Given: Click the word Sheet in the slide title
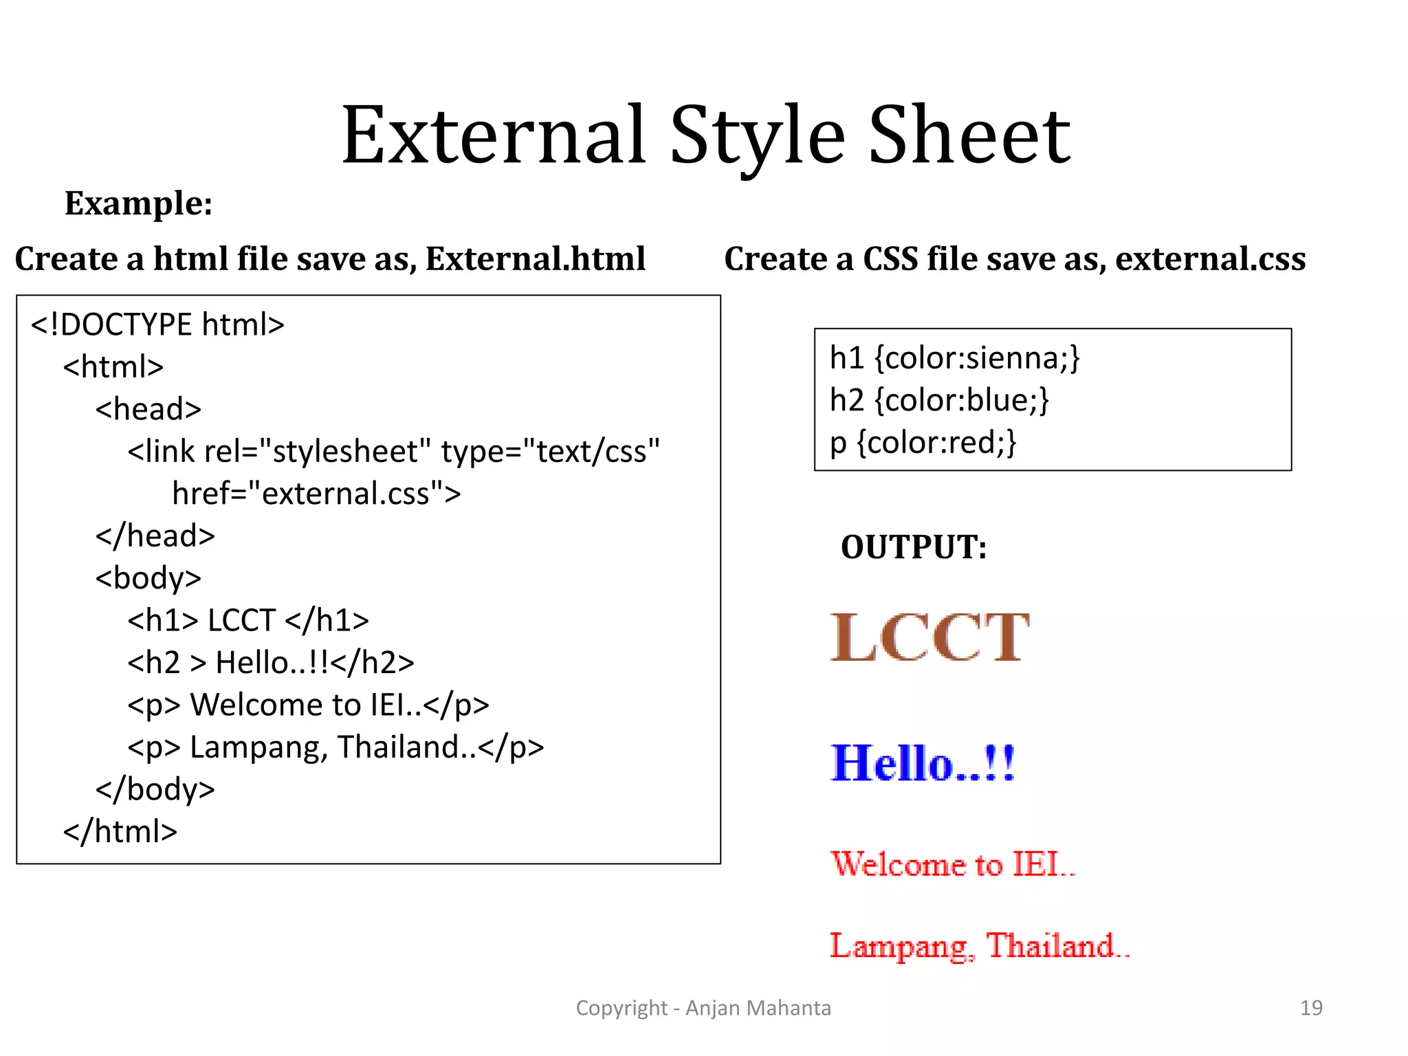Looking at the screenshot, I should [969, 135].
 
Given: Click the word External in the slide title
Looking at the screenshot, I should [494, 135].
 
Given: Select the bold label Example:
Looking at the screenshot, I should [138, 203].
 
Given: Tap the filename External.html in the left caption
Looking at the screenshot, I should [535, 259].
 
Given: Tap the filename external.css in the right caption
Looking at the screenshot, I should [1210, 259].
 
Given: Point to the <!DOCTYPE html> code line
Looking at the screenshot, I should [157, 324].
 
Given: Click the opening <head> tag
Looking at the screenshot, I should [148, 409].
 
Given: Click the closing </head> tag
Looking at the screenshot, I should [155, 536].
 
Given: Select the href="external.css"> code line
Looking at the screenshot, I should [316, 494].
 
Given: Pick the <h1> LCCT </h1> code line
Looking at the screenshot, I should [248, 621].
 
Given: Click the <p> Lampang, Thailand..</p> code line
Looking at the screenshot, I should [335, 747].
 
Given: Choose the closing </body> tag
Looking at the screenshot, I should [155, 789].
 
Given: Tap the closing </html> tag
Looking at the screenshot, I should [120, 832].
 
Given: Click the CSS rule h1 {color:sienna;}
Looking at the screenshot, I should [954, 358].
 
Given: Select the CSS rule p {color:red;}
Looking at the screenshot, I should [923, 442].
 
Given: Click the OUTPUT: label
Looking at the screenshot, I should [914, 548].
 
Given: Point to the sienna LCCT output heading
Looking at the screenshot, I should [929, 638].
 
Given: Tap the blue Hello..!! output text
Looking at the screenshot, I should [923, 763].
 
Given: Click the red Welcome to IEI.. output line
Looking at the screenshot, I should [952, 864].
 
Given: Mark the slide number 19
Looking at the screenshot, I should [1310, 1008].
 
